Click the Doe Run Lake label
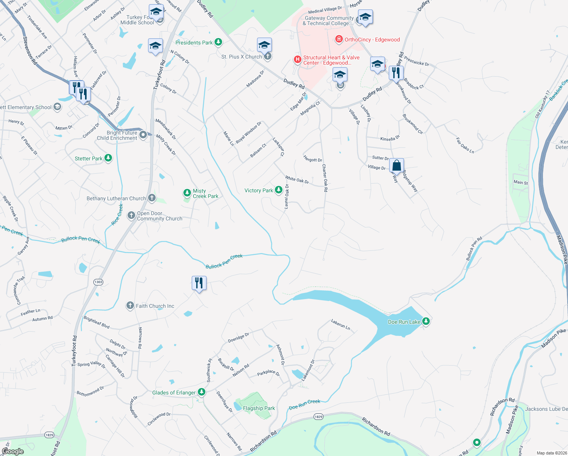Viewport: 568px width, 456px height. [404, 322]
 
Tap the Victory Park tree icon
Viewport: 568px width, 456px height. [278, 190]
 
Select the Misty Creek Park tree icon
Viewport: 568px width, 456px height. [187, 193]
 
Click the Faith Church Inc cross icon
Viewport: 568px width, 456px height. [130, 306]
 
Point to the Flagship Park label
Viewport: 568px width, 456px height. [259, 408]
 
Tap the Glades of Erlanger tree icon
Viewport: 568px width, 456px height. [202, 392]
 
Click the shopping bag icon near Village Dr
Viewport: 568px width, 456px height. [396, 166]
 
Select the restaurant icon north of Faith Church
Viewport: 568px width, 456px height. [199, 283]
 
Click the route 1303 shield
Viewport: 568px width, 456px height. [98, 282]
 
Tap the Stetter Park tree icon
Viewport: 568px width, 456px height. [108, 158]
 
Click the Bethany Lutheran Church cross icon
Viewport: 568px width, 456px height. [151, 198]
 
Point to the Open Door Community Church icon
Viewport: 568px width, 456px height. [131, 215]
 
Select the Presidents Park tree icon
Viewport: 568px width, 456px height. [218, 42]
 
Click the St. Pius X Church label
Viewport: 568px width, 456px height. [241, 57]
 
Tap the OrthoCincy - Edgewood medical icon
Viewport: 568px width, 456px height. [339, 39]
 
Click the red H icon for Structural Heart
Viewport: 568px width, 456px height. [298, 59]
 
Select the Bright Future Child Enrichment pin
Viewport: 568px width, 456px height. [143, 135]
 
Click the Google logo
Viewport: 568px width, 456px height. [13, 451]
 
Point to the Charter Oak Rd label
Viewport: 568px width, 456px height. [325, 178]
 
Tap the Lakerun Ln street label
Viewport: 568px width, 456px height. [340, 324]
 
